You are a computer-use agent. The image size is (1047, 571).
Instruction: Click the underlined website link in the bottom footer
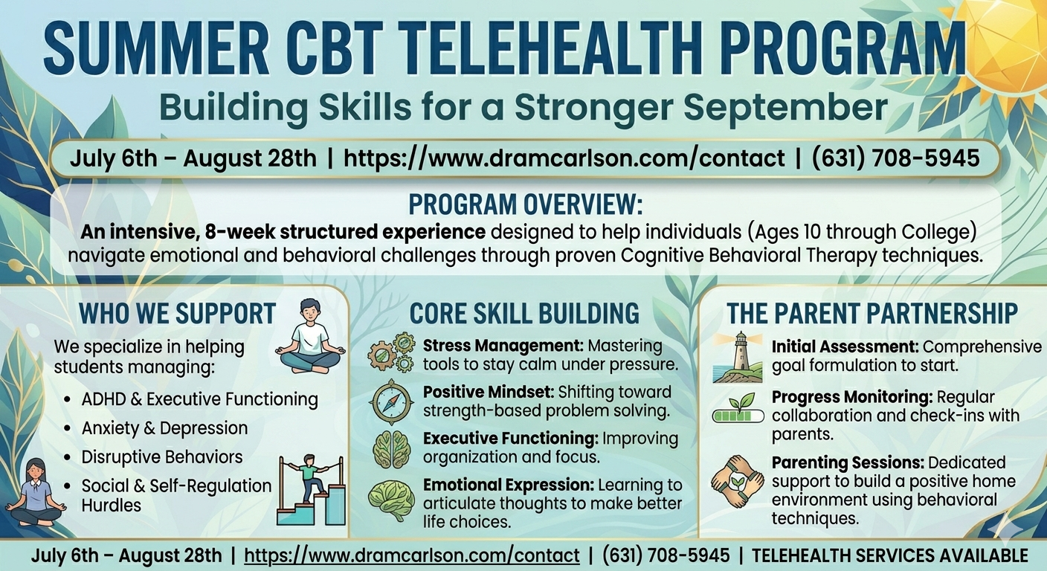(x=411, y=555)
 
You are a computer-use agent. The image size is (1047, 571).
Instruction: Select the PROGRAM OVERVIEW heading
(x=525, y=204)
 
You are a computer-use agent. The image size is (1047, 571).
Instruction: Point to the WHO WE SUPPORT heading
(x=177, y=313)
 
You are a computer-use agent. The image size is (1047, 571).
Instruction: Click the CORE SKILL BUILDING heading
(x=524, y=313)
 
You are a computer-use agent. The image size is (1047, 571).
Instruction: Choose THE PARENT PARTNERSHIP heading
(x=872, y=313)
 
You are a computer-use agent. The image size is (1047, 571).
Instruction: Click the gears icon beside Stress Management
(x=391, y=352)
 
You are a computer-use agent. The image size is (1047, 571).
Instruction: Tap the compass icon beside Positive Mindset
(x=391, y=401)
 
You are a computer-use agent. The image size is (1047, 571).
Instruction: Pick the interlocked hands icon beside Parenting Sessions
(x=737, y=480)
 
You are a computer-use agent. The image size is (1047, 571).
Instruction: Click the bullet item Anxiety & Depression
(x=164, y=428)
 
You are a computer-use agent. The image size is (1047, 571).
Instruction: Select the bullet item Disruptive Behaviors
(x=162, y=457)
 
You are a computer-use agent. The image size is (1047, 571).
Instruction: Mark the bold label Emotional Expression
(x=509, y=485)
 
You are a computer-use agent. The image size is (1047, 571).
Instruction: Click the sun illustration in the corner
(x=1004, y=45)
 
